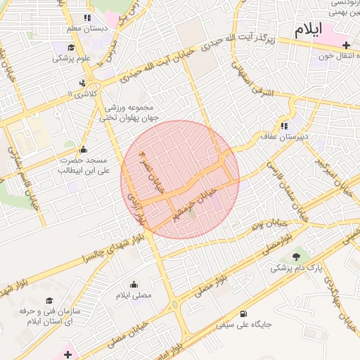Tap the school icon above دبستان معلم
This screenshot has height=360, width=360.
click(x=86, y=18)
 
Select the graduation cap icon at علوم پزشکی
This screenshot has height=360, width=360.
click(x=70, y=48)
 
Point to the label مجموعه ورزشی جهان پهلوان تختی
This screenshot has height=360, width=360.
click(x=133, y=113)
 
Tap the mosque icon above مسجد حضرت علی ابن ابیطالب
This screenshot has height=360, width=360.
click(x=84, y=148)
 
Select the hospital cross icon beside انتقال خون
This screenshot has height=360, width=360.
click(x=345, y=46)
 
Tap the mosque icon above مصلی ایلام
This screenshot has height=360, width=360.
click(x=135, y=284)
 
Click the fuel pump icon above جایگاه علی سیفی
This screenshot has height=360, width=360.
click(x=243, y=314)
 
